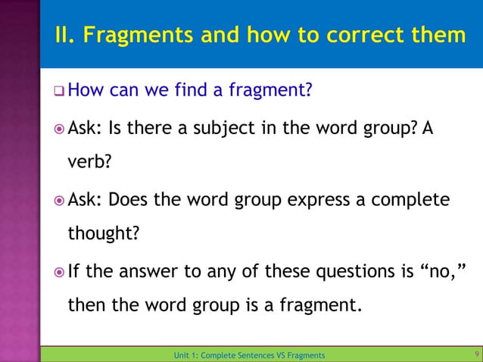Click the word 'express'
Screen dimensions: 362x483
[298, 199]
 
